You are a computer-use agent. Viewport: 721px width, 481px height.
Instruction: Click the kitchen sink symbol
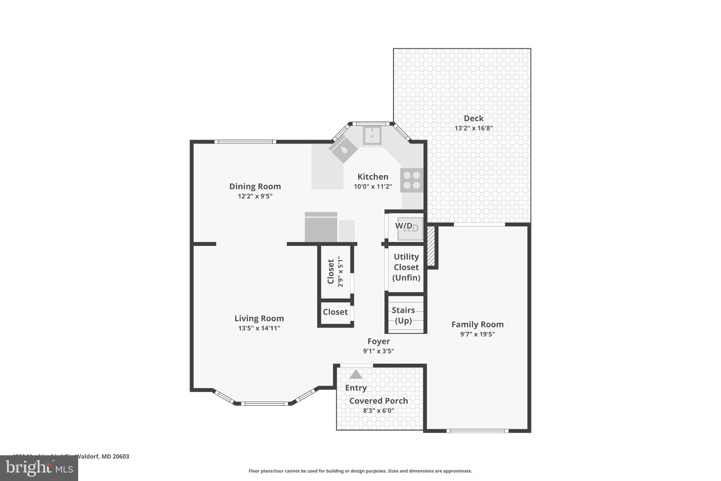372,136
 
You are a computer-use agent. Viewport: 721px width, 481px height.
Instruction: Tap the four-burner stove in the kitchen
412,180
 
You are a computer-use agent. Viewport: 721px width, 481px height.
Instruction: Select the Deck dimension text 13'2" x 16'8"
474,128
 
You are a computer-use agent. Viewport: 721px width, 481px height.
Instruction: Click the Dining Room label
255,186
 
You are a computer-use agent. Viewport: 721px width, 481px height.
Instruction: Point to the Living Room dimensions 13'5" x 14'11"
259,328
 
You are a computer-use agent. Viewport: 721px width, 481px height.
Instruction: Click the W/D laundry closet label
403,226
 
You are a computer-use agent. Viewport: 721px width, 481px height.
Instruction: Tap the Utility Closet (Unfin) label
406,267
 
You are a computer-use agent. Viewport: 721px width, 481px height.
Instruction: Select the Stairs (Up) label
403,315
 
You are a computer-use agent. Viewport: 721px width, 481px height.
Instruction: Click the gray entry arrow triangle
356,375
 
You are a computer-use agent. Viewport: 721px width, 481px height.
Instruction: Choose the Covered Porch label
378,401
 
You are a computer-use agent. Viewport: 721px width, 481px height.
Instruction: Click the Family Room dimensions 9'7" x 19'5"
477,334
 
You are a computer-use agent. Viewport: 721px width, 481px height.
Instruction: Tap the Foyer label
378,341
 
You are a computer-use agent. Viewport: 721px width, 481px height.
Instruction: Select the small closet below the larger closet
335,312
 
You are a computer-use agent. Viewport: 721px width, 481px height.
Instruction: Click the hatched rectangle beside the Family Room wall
431,246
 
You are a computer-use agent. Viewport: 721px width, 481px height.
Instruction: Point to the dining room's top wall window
245,142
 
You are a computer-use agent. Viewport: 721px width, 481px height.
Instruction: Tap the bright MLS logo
39,468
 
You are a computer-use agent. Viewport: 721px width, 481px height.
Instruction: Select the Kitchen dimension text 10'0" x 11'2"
373,186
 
